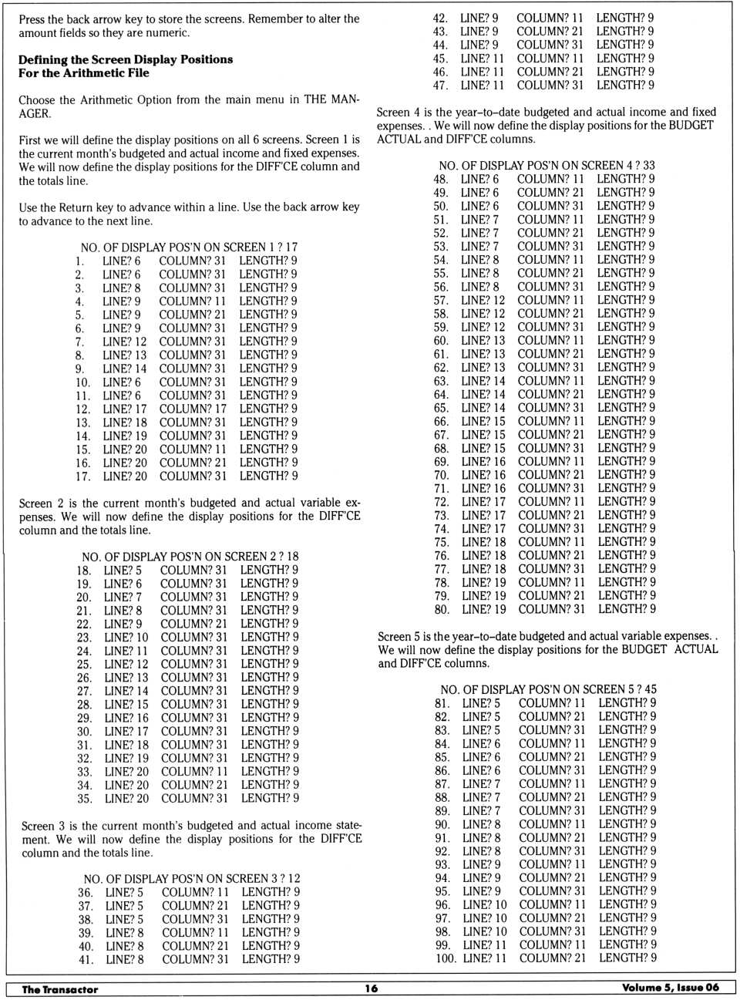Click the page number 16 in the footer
pyautogui.click(x=372, y=988)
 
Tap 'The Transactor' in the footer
pyautogui.click(x=60, y=989)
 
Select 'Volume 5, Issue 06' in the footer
pyautogui.click(x=670, y=988)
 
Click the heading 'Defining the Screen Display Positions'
pyautogui.click(x=126, y=59)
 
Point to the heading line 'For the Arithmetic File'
pyautogui.click(x=84, y=73)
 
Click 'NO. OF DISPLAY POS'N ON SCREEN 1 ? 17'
pyautogui.click(x=189, y=247)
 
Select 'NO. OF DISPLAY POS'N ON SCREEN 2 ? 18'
pyautogui.click(x=190, y=557)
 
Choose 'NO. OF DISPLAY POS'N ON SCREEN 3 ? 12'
pyautogui.click(x=192, y=879)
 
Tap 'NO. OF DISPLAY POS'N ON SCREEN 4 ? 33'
pyautogui.click(x=547, y=166)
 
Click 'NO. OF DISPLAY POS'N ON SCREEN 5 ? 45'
pyautogui.click(x=548, y=690)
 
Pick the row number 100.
pyautogui.click(x=446, y=958)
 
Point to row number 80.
pyautogui.click(x=442, y=610)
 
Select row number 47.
pyautogui.click(x=440, y=86)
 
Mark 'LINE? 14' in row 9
pyautogui.click(x=124, y=369)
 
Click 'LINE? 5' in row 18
pyautogui.click(x=123, y=571)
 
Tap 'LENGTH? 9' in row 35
pyautogui.click(x=270, y=799)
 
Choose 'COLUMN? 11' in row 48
pyautogui.click(x=550, y=179)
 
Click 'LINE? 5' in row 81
pyautogui.click(x=481, y=703)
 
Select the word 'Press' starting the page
pyautogui.click(x=32, y=19)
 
